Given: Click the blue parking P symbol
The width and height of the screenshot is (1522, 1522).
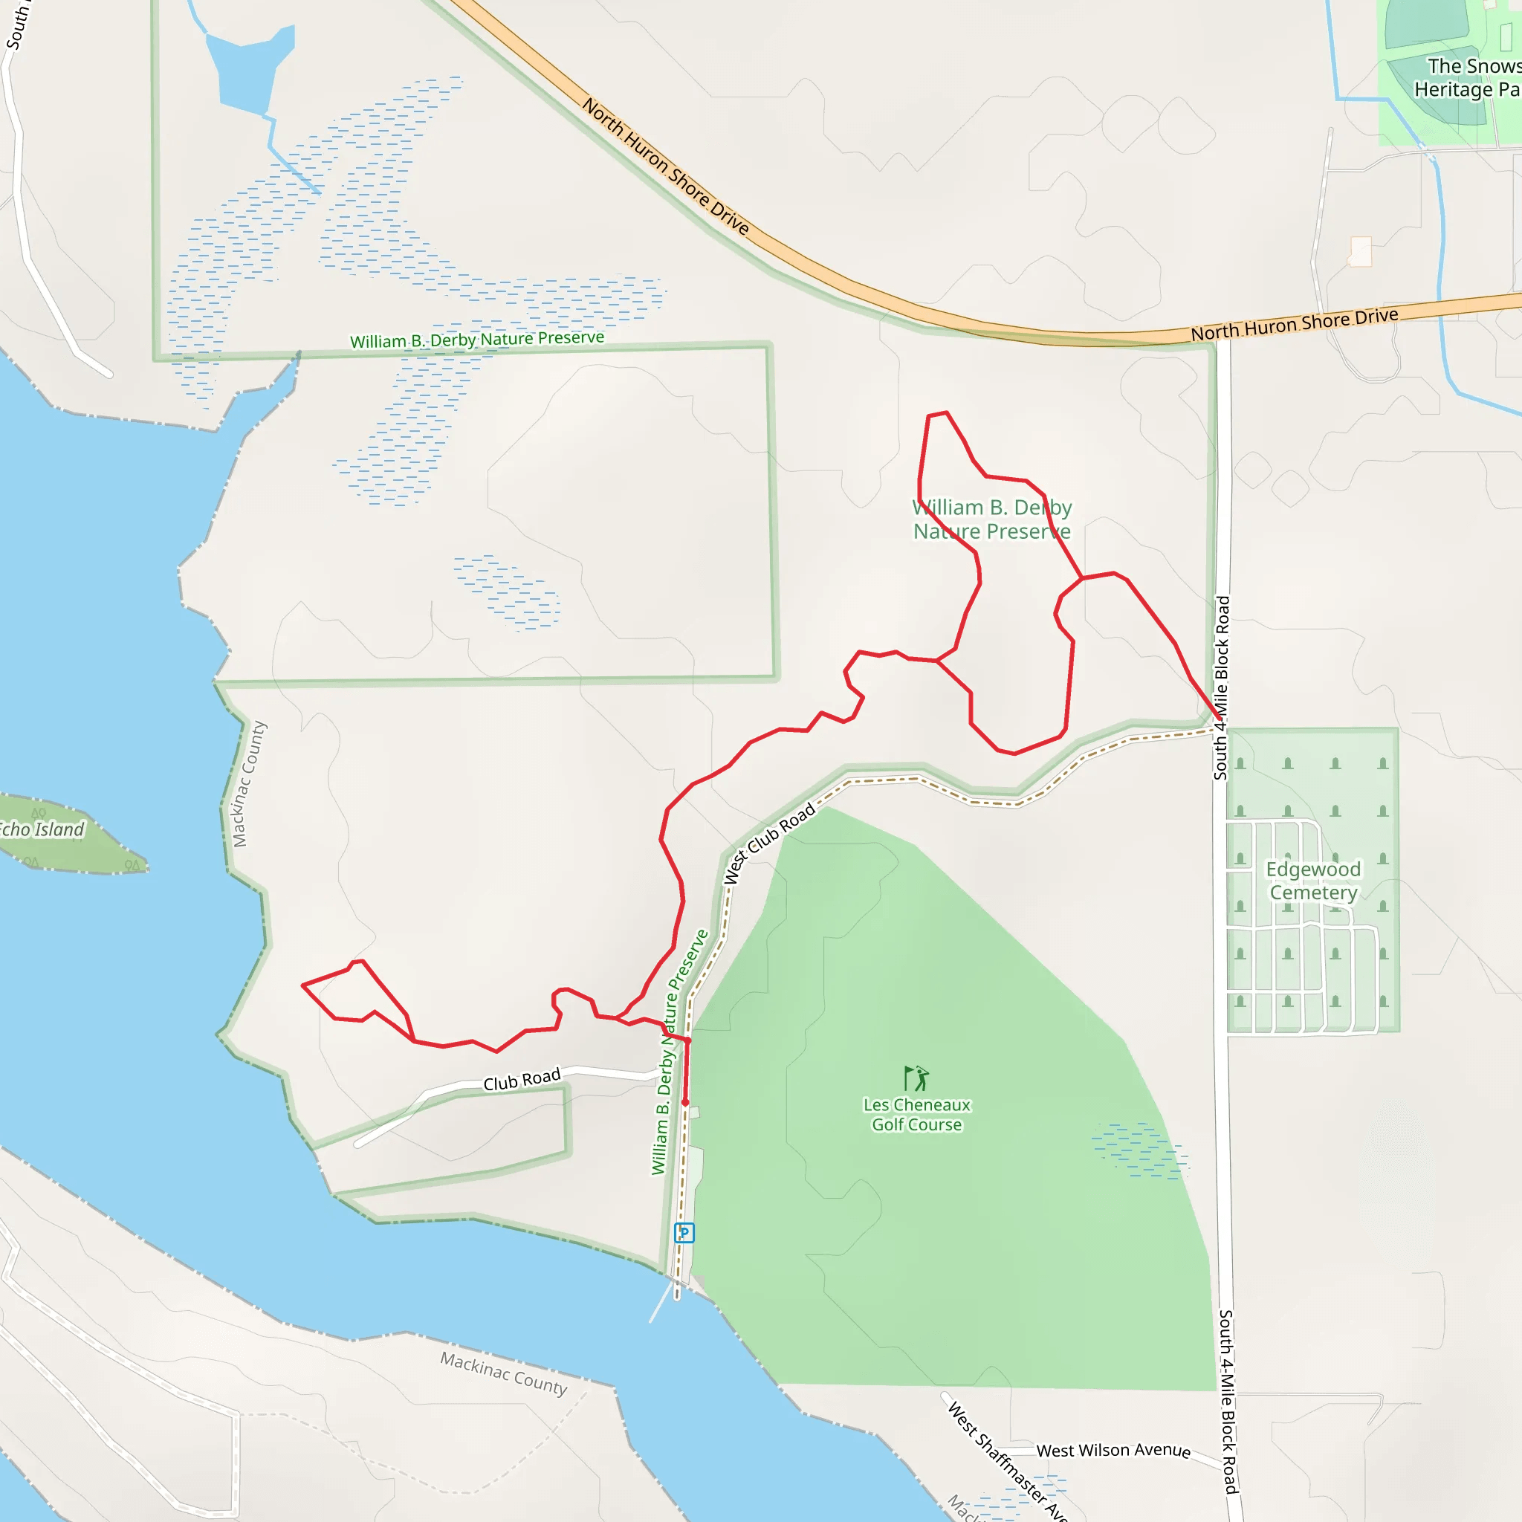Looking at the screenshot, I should [x=684, y=1233].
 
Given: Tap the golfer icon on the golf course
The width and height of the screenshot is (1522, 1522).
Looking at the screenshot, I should [x=916, y=1078].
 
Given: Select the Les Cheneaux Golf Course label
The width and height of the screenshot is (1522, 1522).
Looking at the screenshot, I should [x=917, y=1115].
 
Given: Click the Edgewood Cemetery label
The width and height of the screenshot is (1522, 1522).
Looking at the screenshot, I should [x=1312, y=881].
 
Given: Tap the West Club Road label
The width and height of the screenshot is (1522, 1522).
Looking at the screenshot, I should [x=768, y=843].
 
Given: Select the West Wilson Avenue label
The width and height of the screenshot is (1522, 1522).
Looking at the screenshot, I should [x=1113, y=1451].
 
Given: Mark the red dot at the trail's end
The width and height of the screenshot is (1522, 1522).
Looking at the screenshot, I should [x=685, y=1103].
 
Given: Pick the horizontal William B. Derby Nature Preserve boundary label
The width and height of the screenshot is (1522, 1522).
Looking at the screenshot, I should [x=476, y=340].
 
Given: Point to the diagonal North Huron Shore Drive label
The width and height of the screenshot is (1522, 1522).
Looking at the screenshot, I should [x=666, y=166].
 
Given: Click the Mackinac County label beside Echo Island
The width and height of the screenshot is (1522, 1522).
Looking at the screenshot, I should [x=249, y=784].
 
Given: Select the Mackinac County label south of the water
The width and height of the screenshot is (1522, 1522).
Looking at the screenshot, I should [x=503, y=1373].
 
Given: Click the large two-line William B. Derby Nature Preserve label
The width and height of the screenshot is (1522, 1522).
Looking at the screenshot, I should [x=992, y=519].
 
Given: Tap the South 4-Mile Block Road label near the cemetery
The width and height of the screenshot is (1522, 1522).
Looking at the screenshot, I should [x=1221, y=687].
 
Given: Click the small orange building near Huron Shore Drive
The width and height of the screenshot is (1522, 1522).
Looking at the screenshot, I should [x=1361, y=251].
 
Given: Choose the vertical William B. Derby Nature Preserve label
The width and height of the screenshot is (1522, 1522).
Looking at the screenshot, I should [x=679, y=1052].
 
